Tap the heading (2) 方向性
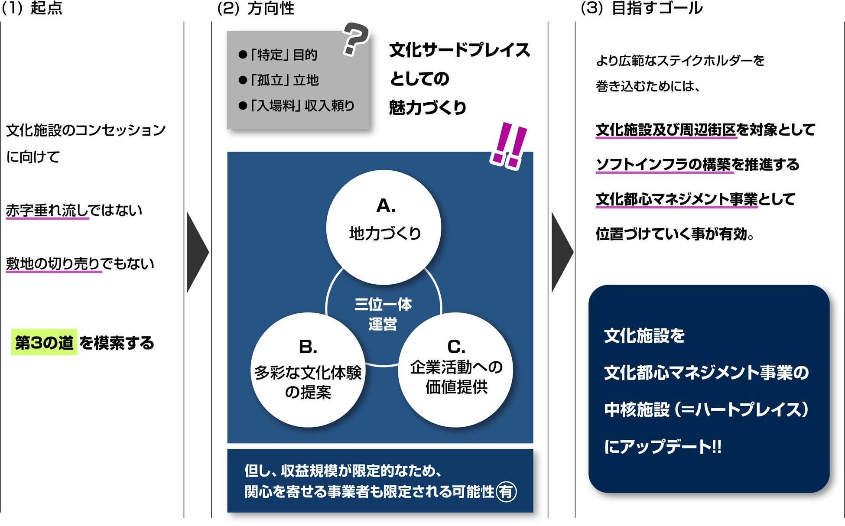(256, 8)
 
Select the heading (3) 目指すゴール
(641, 8)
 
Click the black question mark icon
(355, 39)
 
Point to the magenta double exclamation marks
(508, 146)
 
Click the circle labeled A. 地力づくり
(383, 227)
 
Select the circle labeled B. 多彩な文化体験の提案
(308, 370)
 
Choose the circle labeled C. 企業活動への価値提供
(456, 370)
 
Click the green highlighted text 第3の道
(44, 342)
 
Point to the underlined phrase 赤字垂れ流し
(47, 211)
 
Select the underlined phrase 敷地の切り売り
(53, 263)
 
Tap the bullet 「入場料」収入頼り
(296, 106)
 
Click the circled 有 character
(506, 491)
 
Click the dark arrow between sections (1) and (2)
(197, 252)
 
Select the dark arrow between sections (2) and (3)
(562, 252)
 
